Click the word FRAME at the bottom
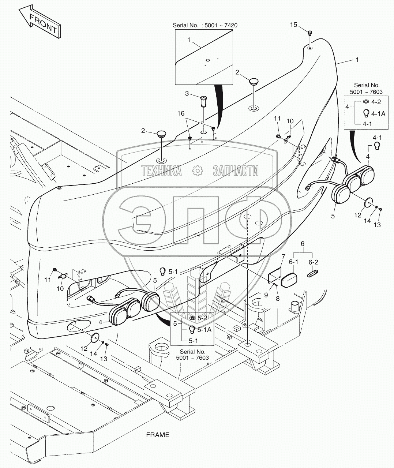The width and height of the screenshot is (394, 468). (x=158, y=435)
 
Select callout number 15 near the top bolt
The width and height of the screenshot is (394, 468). (x=294, y=25)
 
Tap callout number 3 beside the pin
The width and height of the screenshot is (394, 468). (x=187, y=94)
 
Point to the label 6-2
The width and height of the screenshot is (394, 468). (x=314, y=262)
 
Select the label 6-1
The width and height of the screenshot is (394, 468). (x=294, y=262)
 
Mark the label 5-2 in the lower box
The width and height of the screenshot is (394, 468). (x=202, y=318)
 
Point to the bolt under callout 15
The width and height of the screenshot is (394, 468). (x=309, y=33)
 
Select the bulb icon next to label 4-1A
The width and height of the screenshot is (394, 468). (x=366, y=113)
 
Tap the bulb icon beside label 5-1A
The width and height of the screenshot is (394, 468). (x=191, y=329)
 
